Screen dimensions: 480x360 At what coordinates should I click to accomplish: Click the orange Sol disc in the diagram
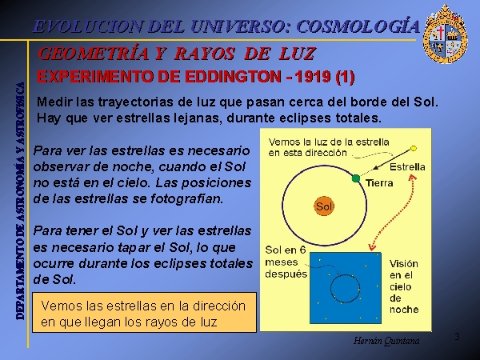coord(324,206)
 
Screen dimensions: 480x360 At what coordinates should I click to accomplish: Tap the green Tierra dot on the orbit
coord(356,178)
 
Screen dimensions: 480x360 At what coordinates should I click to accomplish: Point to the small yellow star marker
coord(414,149)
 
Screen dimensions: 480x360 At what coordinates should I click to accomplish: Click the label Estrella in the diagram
coord(407,167)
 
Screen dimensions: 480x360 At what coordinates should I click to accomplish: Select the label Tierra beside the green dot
coord(379,183)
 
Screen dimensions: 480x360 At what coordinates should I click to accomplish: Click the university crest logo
coord(446,34)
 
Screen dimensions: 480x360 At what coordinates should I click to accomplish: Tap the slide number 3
coord(457,337)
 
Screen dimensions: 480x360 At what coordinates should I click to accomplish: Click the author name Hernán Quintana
coord(386,341)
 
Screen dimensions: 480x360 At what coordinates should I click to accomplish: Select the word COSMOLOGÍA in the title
coord(358,26)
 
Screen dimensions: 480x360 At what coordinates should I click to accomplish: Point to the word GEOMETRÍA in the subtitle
coord(94,54)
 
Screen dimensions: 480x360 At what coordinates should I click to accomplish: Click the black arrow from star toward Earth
coord(393,159)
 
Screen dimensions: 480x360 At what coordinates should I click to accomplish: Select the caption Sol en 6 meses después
coord(286,262)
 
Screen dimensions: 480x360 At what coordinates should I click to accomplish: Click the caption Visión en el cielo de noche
coord(404,286)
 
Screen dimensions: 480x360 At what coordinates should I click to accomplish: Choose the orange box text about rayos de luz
coord(143,314)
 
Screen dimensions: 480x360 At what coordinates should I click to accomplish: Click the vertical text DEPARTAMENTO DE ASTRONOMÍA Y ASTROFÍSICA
coord(20,201)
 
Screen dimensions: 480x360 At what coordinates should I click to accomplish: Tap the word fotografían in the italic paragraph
coord(186,199)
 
